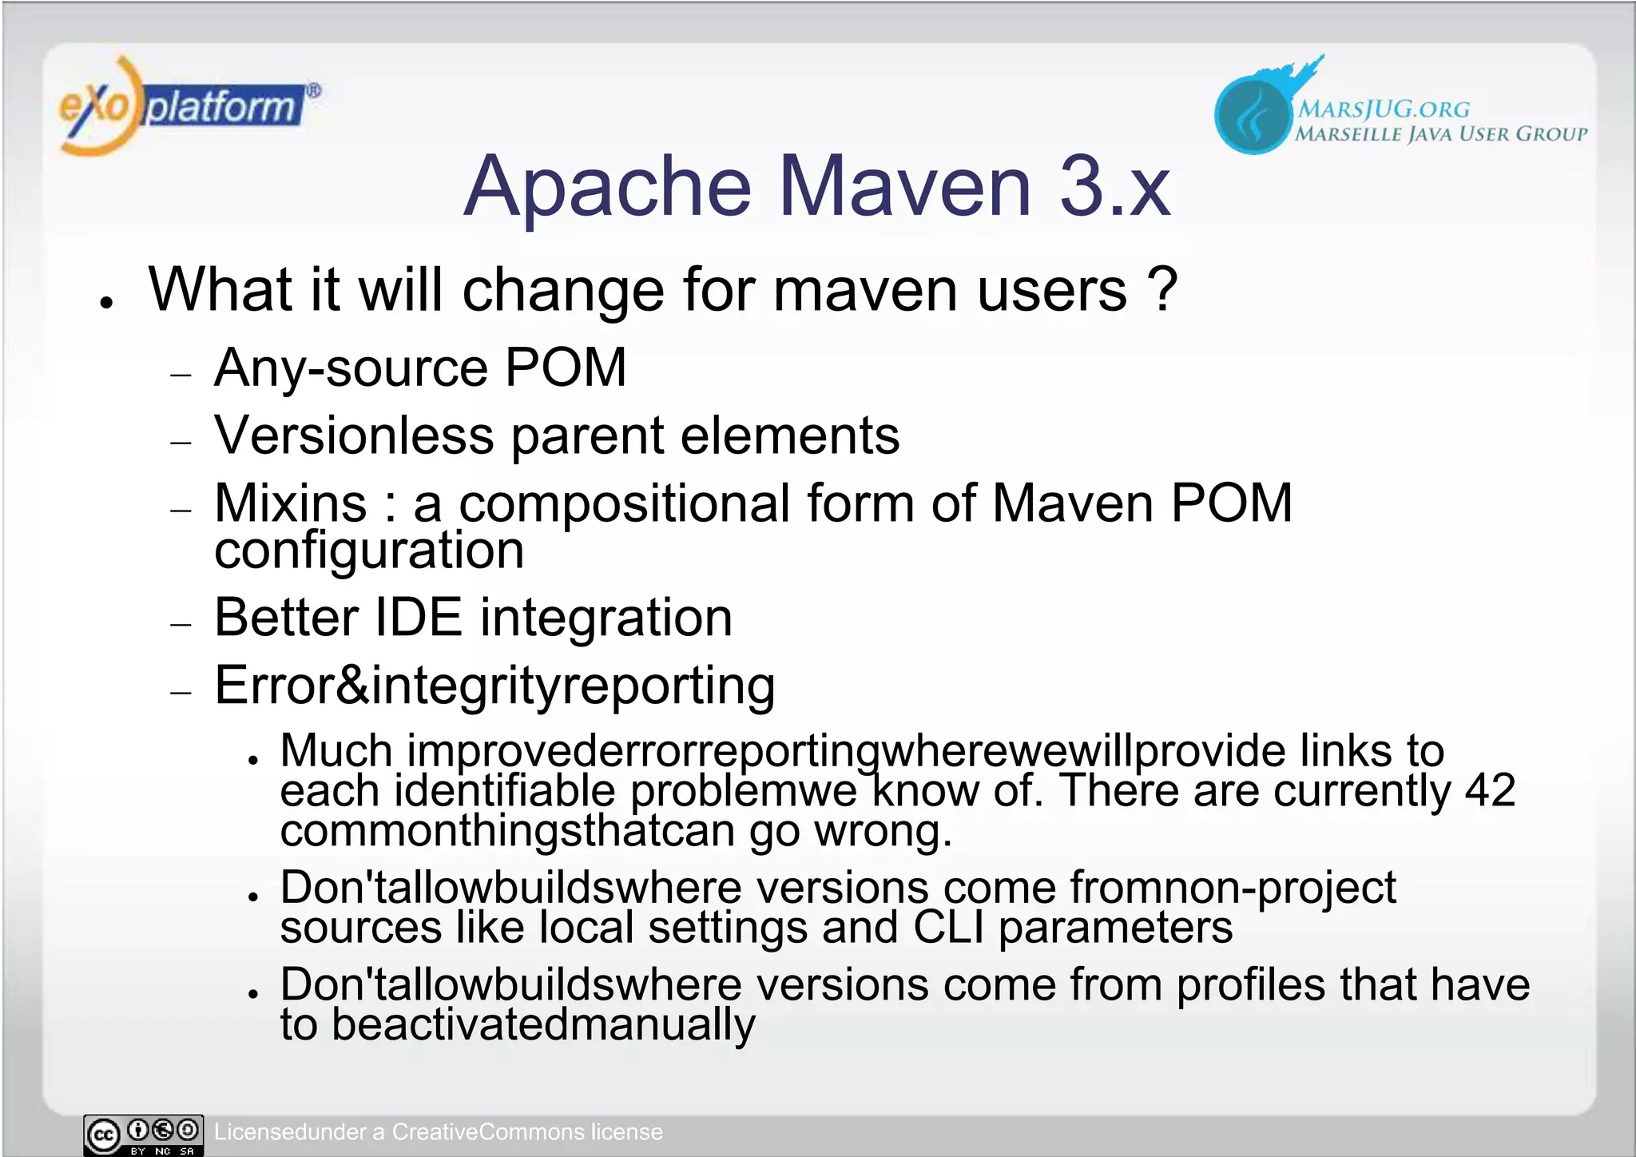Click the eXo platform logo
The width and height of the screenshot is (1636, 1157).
tap(188, 106)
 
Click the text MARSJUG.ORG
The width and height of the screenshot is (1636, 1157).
tap(1383, 109)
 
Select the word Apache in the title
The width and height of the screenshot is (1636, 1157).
tap(607, 187)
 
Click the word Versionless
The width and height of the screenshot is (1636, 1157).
tap(354, 435)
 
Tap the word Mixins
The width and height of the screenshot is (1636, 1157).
tap(291, 503)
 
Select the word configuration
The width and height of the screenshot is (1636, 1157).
tap(369, 551)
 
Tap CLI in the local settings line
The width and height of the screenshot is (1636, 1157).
tap(948, 928)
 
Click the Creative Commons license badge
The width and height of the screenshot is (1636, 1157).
tap(144, 1135)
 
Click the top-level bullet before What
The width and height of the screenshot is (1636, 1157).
tap(106, 303)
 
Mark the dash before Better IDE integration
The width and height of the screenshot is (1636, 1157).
tap(181, 624)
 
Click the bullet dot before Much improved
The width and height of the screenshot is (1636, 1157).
tap(253, 760)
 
